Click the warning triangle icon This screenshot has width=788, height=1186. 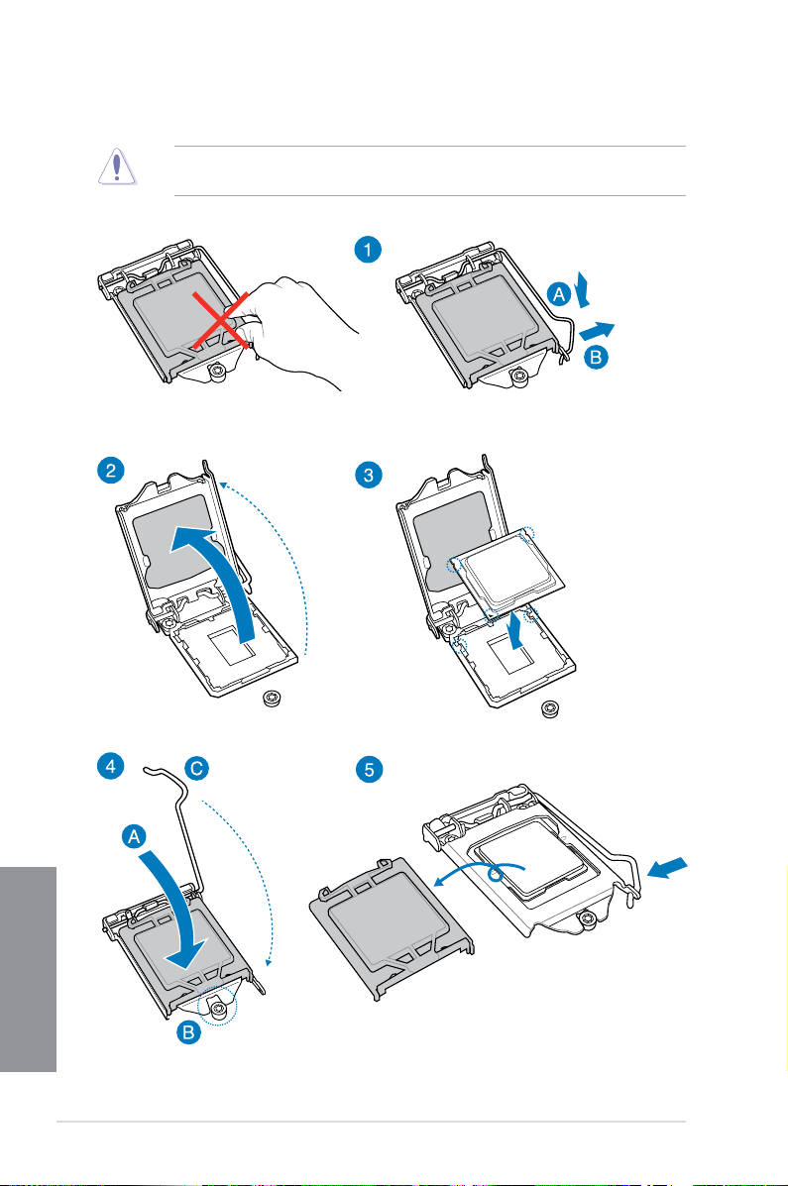(x=116, y=169)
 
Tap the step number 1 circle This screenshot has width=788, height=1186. (x=368, y=250)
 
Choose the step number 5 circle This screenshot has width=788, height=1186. (x=368, y=770)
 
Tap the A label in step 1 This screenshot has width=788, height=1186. (x=558, y=293)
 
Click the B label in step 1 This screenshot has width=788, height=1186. (x=597, y=359)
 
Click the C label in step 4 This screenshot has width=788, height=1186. (x=196, y=768)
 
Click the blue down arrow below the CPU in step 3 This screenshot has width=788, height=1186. (x=514, y=632)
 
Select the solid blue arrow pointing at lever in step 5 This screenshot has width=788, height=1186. (x=665, y=868)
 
